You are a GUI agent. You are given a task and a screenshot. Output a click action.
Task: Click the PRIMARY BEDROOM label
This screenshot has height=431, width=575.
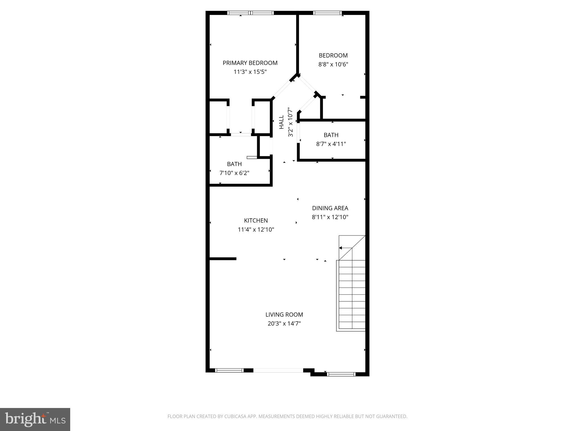250,63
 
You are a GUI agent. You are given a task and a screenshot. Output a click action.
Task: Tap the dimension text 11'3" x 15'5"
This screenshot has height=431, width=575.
250,72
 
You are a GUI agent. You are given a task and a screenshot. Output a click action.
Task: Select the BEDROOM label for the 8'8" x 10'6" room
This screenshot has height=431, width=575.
333,56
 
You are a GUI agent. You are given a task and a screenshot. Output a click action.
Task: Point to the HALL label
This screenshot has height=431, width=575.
282,122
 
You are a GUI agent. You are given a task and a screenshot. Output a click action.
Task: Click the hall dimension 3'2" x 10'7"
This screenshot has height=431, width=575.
291,122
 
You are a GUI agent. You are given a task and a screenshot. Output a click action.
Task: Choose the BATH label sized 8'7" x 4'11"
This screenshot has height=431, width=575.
331,135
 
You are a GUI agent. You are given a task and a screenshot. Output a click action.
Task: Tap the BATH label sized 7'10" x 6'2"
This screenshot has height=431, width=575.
234,164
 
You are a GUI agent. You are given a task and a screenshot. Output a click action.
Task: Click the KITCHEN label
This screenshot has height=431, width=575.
256,221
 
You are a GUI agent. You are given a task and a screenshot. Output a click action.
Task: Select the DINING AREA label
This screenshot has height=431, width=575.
330,208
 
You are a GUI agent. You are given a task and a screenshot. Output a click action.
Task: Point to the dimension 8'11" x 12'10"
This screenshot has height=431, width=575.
330,217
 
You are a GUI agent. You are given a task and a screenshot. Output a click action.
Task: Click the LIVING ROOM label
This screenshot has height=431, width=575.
284,315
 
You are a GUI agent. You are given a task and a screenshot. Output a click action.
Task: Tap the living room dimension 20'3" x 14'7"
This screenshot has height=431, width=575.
284,324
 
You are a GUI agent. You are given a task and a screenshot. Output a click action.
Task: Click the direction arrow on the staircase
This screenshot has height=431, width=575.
341,248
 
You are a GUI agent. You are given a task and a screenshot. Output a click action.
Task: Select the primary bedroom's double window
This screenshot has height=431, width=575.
250,13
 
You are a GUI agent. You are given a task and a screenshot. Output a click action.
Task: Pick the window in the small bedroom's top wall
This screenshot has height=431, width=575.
327,13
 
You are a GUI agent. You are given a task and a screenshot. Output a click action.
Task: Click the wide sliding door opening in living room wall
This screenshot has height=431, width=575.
278,370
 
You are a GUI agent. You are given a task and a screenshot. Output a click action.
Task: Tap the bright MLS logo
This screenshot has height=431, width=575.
35,419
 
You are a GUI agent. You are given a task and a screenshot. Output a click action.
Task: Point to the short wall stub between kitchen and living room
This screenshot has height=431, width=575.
223,259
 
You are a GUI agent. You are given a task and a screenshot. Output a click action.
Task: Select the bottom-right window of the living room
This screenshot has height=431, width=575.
341,374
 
